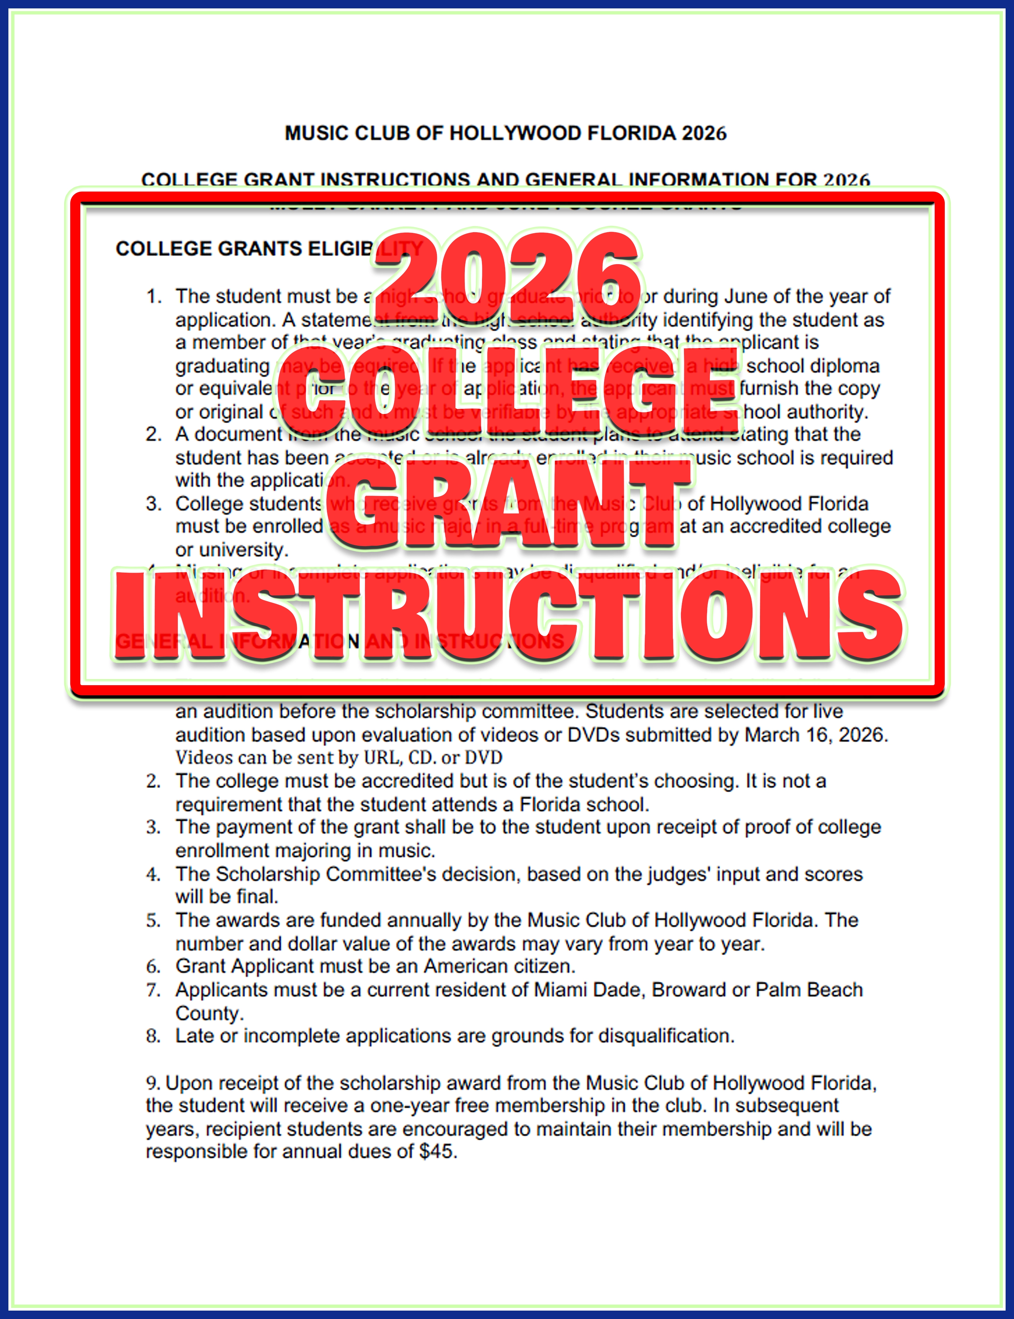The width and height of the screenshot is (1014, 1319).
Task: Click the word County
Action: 209,1014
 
